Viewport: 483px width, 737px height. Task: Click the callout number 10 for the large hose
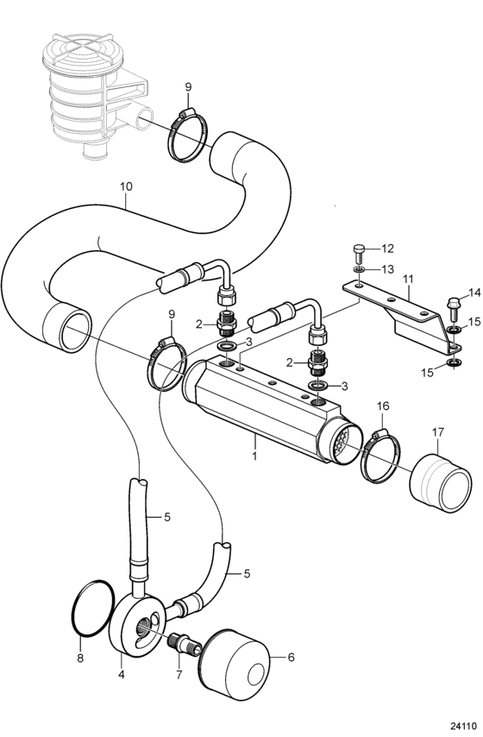[126, 186]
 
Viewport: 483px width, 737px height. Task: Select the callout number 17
[438, 432]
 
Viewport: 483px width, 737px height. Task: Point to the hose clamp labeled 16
[380, 455]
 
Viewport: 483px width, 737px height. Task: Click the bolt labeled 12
[359, 254]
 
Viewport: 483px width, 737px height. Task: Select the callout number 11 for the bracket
[408, 280]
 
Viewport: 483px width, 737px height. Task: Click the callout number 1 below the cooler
[255, 456]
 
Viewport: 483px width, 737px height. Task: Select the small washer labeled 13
[359, 270]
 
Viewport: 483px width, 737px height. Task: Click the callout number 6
[291, 657]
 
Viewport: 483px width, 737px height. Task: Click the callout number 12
[387, 249]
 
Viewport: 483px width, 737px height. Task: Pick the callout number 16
[383, 406]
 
